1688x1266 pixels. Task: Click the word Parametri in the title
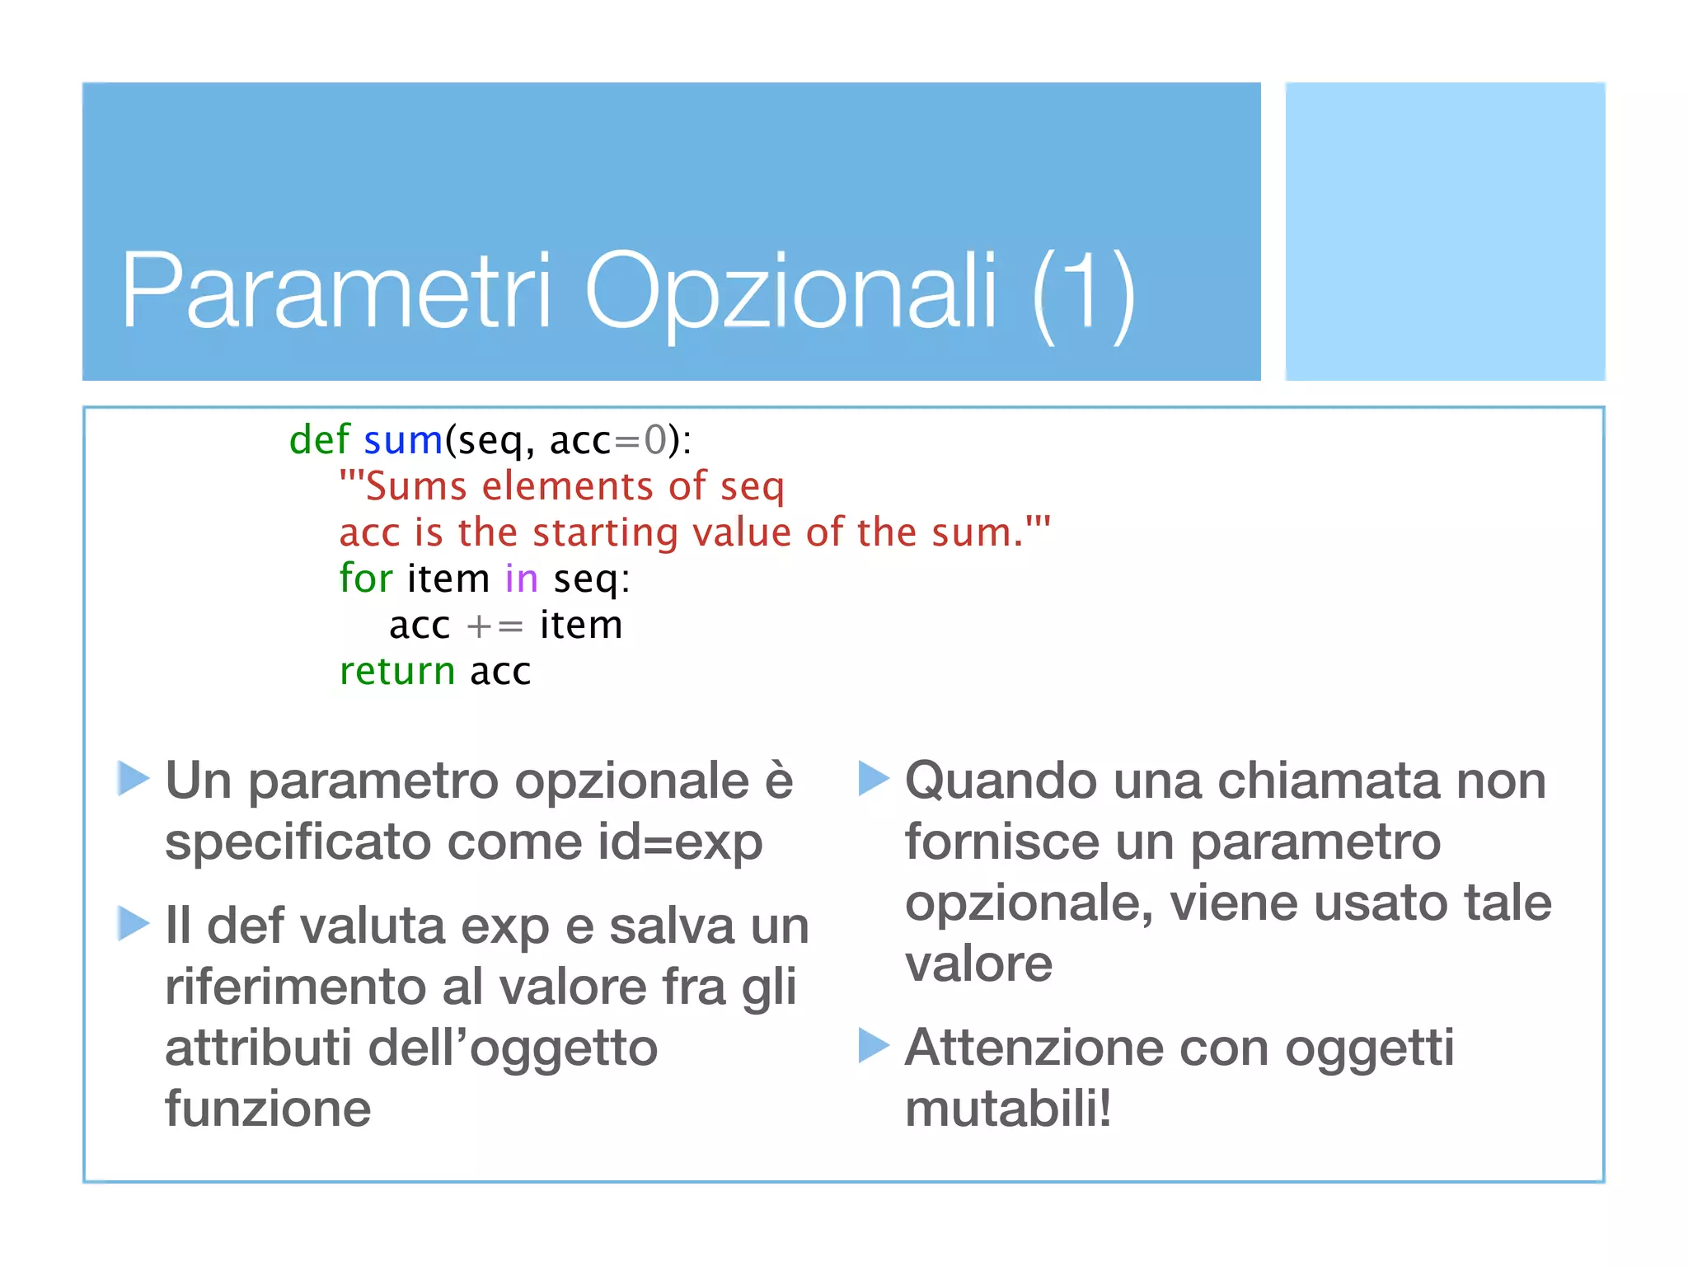(335, 290)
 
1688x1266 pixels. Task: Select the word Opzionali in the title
(790, 293)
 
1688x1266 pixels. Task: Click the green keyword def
(319, 439)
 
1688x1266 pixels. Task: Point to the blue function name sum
(403, 441)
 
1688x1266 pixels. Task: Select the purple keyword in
(521, 579)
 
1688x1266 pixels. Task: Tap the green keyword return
(397, 671)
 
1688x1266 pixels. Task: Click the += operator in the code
(495, 626)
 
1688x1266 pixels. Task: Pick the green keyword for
(365, 578)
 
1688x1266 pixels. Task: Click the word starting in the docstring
(605, 533)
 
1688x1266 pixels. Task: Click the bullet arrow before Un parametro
(133, 779)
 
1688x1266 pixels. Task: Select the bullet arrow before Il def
(133, 923)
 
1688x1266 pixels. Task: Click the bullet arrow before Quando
(873, 779)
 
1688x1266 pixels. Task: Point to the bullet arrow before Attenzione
(873, 1045)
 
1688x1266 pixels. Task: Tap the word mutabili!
(1008, 1109)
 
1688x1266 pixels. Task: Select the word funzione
(268, 1109)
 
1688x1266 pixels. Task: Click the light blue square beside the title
(1445, 232)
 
